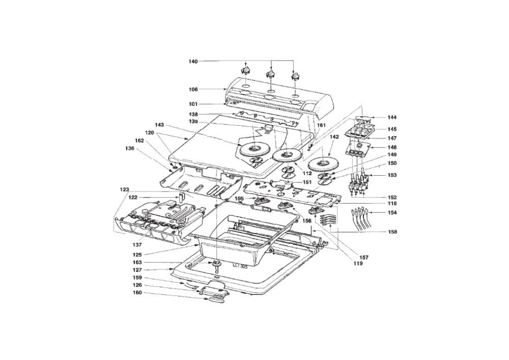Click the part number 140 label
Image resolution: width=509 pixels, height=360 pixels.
click(x=193, y=61)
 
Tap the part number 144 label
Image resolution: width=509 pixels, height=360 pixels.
click(x=392, y=117)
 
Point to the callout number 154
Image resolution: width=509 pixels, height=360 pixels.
click(x=392, y=213)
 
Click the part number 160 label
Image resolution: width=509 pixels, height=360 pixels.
click(x=137, y=292)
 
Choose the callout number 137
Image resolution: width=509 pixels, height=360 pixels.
click(x=138, y=244)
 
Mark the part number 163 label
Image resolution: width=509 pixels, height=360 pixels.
click(x=137, y=262)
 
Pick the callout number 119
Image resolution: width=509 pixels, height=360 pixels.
click(x=358, y=264)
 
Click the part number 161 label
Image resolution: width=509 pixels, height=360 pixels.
click(x=321, y=125)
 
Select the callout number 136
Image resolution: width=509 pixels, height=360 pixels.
click(x=130, y=148)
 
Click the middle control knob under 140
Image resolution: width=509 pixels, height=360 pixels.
click(x=270, y=74)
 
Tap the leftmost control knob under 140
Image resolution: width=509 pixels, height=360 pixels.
click(x=245, y=70)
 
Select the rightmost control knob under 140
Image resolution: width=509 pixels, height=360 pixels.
click(x=294, y=76)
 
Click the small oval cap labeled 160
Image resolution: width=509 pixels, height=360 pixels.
click(x=216, y=299)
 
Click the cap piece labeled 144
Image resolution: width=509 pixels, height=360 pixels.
click(x=363, y=118)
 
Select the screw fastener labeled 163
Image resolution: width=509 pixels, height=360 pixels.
click(x=216, y=265)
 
